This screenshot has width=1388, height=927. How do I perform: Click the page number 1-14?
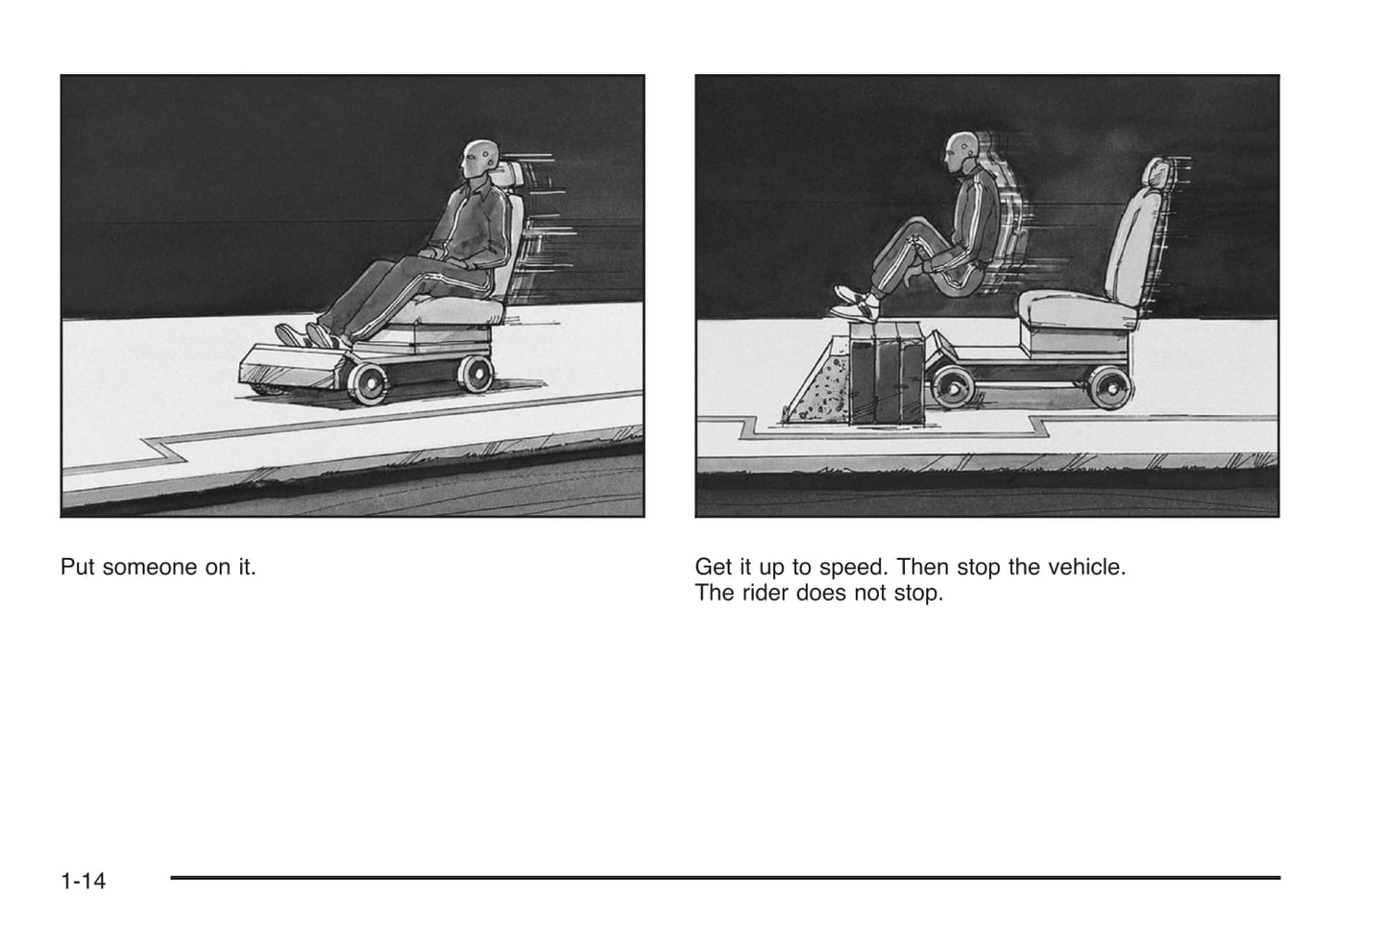(x=83, y=881)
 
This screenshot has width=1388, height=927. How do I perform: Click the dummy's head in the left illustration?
(x=479, y=159)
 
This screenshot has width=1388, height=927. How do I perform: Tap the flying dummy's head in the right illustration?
(x=962, y=151)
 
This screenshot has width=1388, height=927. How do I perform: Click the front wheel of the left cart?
(x=369, y=383)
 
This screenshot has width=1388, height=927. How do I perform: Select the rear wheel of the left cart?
(x=475, y=374)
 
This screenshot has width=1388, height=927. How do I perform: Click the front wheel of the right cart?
(x=953, y=387)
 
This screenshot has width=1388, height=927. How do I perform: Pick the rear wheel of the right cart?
(x=1111, y=388)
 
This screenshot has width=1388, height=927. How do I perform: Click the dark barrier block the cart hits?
(x=887, y=373)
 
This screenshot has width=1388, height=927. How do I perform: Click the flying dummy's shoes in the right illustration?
(x=856, y=303)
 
